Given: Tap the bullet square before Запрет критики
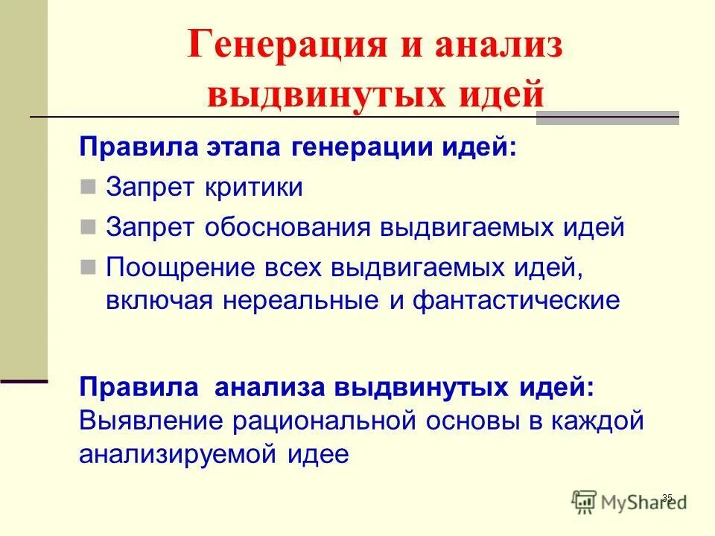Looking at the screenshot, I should (89, 186).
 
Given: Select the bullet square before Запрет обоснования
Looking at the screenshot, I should (89, 226).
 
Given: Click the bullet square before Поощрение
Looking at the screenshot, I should (89, 266).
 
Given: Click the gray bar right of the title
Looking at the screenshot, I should (617, 117).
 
